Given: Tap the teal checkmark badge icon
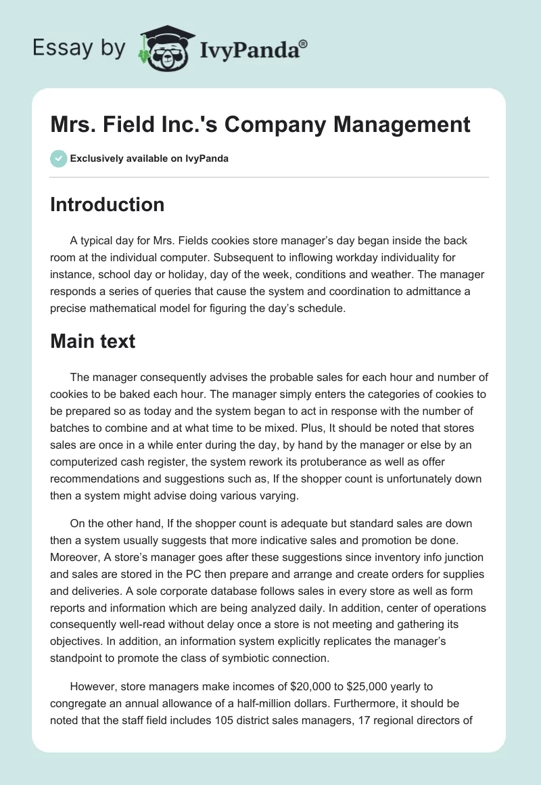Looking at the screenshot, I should point(58,158).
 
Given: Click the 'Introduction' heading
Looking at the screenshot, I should point(107,204).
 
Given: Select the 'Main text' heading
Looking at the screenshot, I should point(93,341).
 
